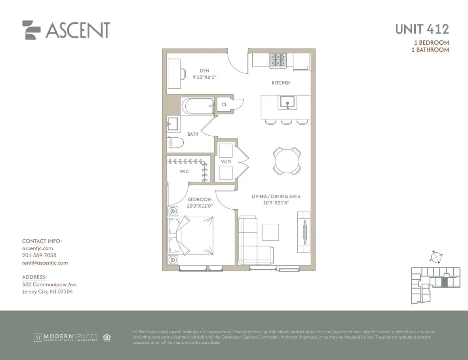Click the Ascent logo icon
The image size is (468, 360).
[x=31, y=30]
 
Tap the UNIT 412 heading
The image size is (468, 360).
[x=422, y=29]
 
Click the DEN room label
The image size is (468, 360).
[x=204, y=71]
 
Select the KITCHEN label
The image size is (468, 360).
[x=281, y=83]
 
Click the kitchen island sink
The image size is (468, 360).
[x=287, y=102]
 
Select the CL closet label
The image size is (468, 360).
[x=224, y=104]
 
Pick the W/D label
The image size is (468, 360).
[x=226, y=161]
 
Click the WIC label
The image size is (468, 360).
[x=184, y=171]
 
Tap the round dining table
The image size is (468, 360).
[x=287, y=161]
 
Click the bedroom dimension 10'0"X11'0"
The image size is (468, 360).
[x=200, y=206]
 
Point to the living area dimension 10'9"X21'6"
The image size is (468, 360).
[x=276, y=203]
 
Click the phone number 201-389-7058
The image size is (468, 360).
[x=39, y=256]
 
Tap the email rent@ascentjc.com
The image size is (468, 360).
[x=45, y=263]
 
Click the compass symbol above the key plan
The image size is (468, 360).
[x=436, y=257]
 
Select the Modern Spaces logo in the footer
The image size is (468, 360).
[x=66, y=337]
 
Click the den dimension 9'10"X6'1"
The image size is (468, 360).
[x=204, y=77]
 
